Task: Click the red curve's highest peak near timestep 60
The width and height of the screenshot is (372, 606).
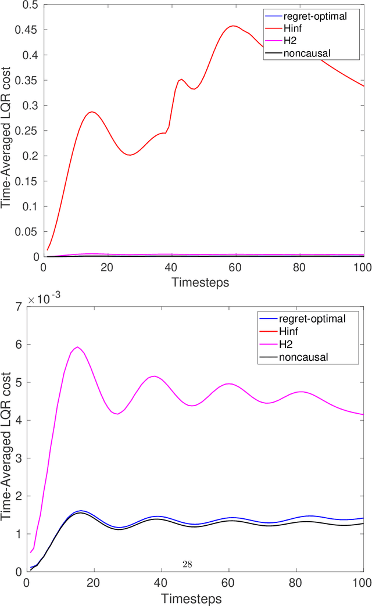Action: pos(234,26)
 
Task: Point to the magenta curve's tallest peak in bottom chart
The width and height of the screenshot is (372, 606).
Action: pos(77,347)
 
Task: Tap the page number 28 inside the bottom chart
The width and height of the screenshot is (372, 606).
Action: pos(187,564)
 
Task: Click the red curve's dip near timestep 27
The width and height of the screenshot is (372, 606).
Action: pos(130,155)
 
